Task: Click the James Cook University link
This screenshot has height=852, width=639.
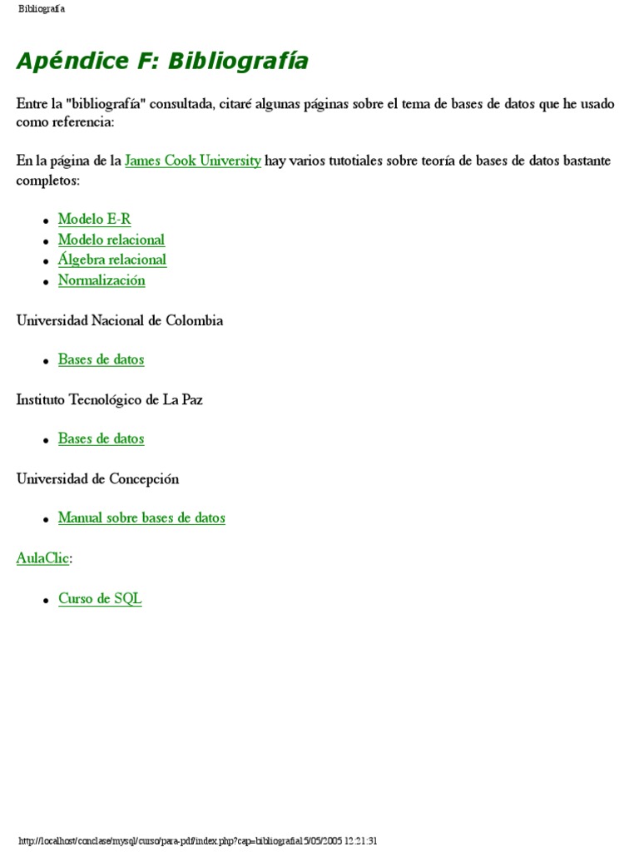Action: (x=192, y=161)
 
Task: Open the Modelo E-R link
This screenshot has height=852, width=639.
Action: (x=94, y=220)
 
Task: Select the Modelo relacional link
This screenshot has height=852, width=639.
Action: (x=111, y=240)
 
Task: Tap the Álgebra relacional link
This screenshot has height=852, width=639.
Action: (x=111, y=260)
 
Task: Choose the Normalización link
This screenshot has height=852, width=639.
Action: (x=102, y=280)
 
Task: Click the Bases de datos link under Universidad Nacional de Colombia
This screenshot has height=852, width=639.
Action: (x=101, y=359)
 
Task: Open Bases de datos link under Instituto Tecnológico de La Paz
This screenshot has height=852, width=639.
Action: (x=101, y=438)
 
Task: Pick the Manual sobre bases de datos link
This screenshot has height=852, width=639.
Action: (x=141, y=518)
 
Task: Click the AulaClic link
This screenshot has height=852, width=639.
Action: (x=42, y=558)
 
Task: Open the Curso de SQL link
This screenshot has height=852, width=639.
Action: (x=100, y=599)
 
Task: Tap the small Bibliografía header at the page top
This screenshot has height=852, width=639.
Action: (x=42, y=9)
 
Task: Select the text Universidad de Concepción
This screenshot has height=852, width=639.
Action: (x=97, y=479)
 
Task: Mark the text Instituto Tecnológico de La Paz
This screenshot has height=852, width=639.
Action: (x=109, y=400)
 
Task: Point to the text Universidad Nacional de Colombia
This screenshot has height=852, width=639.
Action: (x=119, y=320)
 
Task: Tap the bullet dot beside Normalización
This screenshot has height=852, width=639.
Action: (x=46, y=283)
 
